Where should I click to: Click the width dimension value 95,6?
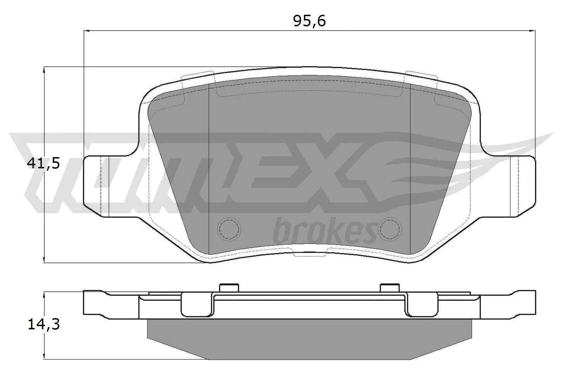pyautogui.click(x=309, y=21)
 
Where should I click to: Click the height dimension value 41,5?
pyautogui.click(x=44, y=163)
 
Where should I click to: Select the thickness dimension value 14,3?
pyautogui.click(x=44, y=324)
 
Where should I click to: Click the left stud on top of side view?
pyautogui.click(x=229, y=288)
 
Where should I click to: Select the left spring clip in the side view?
pyautogui.click(x=197, y=305)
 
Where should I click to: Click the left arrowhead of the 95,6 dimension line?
pyautogui.click(x=87, y=31)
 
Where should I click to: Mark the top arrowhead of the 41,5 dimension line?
pyautogui.click(x=44, y=71)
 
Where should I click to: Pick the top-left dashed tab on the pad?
pyautogui.click(x=197, y=84)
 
